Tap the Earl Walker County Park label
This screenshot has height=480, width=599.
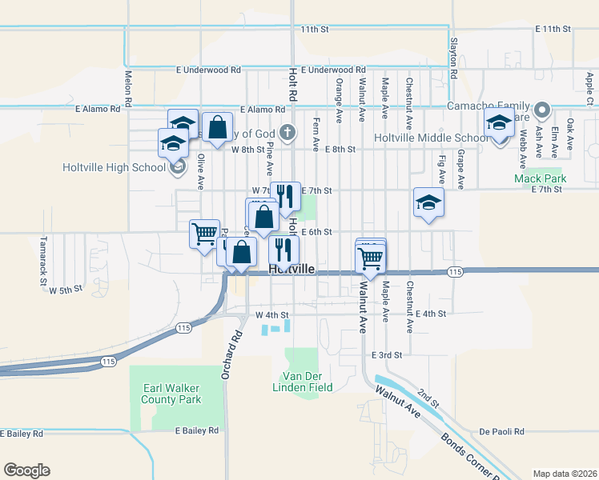click(171, 393)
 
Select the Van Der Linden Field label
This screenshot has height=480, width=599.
click(307, 382)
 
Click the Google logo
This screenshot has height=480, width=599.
click(26, 470)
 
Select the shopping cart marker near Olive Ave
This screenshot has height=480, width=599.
click(204, 234)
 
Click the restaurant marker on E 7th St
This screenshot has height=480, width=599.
click(285, 196)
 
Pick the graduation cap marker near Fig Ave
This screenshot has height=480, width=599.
click(428, 202)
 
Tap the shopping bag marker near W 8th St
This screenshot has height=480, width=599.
click(217, 126)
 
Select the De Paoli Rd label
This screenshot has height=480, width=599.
click(502, 431)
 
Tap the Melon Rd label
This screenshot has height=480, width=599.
click(127, 87)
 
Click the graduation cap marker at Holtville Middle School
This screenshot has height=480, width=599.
click(499, 124)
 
